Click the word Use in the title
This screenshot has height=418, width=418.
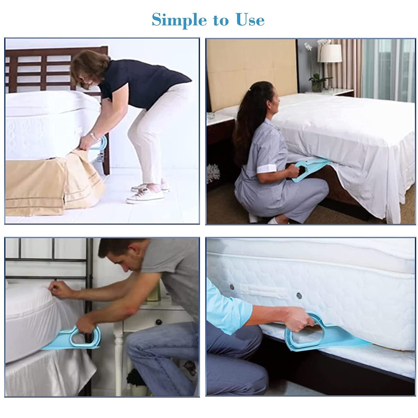(250, 20)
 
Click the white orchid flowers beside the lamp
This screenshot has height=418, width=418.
(315, 45)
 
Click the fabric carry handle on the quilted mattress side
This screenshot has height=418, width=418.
(265, 290)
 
